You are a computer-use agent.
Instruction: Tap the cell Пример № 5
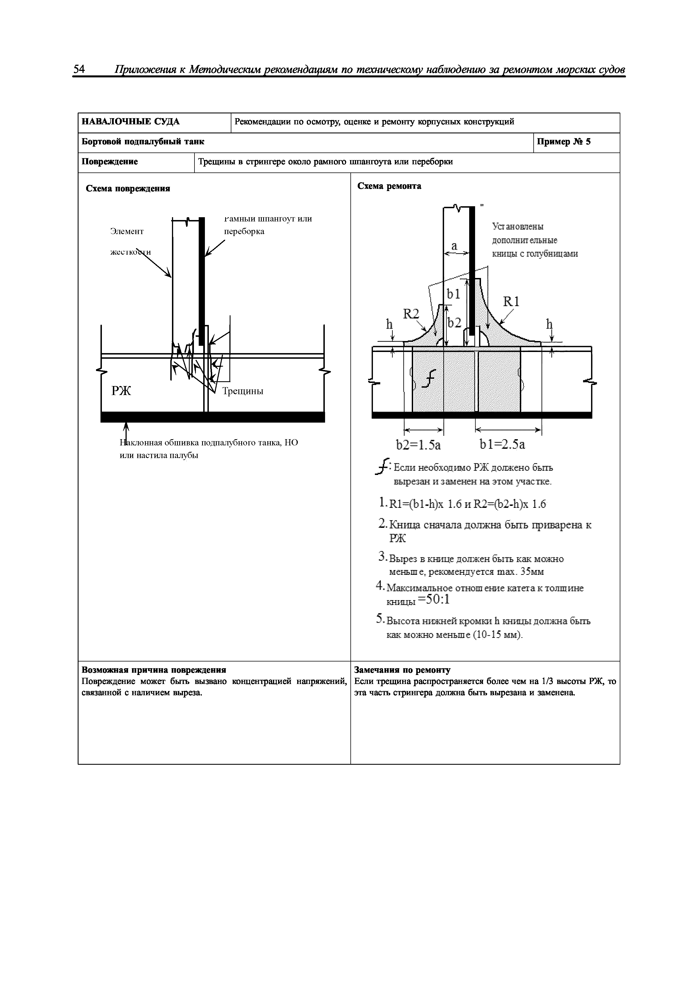[564, 142]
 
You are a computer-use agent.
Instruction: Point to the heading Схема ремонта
[389, 186]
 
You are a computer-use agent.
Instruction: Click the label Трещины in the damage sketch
[243, 391]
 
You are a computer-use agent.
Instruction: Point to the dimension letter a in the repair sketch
[454, 246]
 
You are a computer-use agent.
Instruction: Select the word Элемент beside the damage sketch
[127, 231]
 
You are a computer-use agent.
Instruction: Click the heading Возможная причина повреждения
[154, 670]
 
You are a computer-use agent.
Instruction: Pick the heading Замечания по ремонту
[402, 670]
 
